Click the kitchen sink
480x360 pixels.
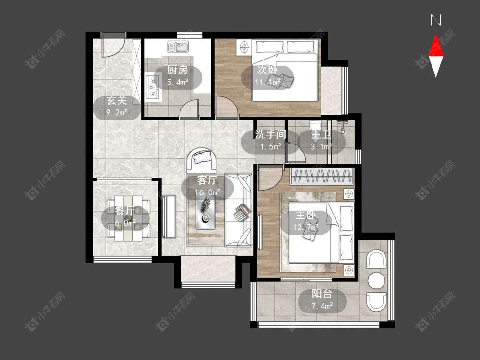[x=178, y=47]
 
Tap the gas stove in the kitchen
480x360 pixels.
[x=152, y=87]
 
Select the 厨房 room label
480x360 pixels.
[x=177, y=70]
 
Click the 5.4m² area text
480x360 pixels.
[x=177, y=82]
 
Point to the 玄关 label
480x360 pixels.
[x=117, y=100]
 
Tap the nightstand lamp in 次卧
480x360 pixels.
[x=244, y=47]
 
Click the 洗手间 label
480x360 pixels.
[x=270, y=134]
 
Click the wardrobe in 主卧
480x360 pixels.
[x=322, y=176]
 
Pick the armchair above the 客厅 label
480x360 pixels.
[x=202, y=160]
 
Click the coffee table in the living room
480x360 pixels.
[x=206, y=213]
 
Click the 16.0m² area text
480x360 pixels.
[x=207, y=192]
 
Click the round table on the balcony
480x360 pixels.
[x=376, y=280]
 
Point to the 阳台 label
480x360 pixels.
[x=322, y=294]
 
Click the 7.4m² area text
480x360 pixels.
[x=322, y=305]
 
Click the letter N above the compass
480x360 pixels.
[x=436, y=20]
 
